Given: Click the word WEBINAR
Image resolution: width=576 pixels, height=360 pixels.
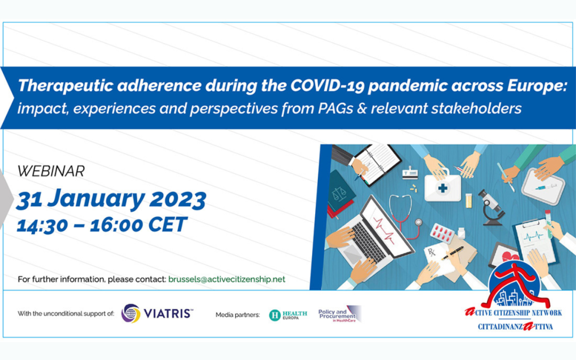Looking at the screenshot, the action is click(51, 171).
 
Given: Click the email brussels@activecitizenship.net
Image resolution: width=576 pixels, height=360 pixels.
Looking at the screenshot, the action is click(227, 279).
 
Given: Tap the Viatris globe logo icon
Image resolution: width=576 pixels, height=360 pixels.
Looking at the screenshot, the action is click(131, 314).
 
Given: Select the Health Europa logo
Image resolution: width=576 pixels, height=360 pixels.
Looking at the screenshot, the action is click(288, 315).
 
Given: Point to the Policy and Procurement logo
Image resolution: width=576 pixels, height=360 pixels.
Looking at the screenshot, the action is click(340, 314).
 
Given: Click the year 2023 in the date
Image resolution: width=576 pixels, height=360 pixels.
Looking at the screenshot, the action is click(178, 199).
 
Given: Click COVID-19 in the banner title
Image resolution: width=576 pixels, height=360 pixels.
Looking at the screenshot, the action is click(327, 85).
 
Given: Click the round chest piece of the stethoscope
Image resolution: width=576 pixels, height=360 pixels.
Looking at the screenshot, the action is click(419, 222).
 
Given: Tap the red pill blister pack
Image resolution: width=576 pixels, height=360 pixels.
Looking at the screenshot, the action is click(443, 233).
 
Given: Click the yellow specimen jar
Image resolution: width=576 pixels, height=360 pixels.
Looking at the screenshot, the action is click(468, 201).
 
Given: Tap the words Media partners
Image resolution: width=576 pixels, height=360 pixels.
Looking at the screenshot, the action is click(238, 315).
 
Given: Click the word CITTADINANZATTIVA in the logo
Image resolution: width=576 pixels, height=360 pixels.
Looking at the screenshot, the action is click(515, 326).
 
